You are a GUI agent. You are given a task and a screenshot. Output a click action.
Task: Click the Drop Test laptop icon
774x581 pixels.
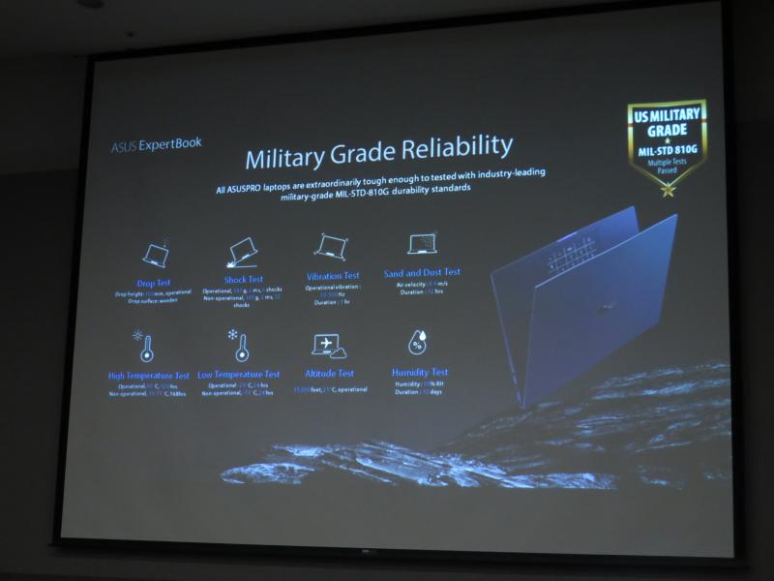155,254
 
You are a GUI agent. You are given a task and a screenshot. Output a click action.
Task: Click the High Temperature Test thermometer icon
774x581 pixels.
146,347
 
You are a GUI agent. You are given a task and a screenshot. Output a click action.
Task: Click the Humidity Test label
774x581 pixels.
420,371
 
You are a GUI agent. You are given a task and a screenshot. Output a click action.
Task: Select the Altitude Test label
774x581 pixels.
330,373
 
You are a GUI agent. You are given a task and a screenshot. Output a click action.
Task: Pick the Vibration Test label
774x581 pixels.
332,276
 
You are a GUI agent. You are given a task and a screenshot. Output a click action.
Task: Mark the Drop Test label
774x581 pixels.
154,282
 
